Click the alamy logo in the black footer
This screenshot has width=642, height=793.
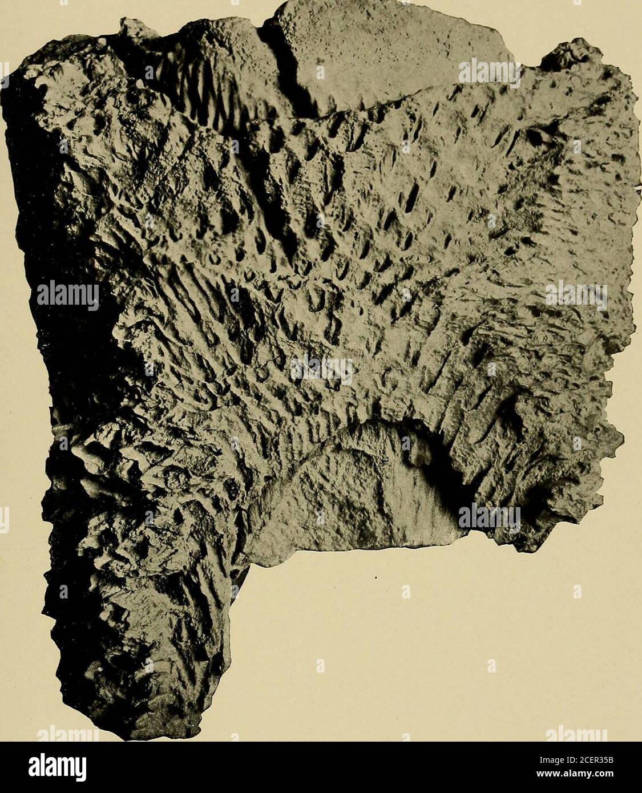[x=57, y=767]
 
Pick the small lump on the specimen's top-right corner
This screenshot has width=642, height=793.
[x=574, y=54]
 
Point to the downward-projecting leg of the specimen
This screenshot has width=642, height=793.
[x=143, y=628]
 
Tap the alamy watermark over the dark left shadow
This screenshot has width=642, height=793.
[x=67, y=296]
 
